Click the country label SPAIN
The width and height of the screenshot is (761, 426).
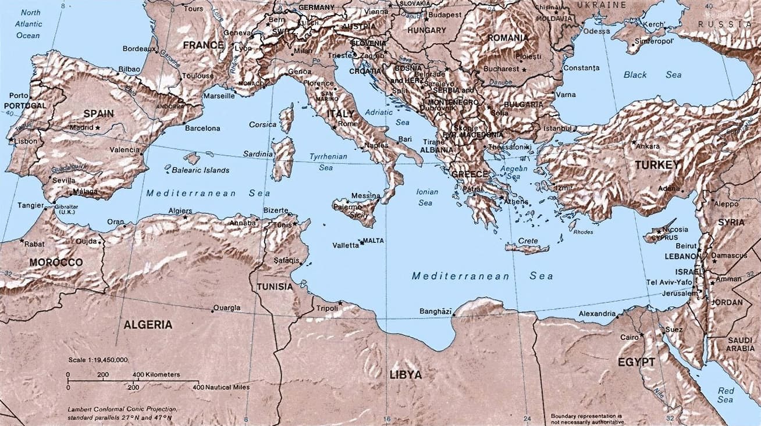click(x=98, y=113)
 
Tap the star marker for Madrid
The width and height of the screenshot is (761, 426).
click(x=98, y=128)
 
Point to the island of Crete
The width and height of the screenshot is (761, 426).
click(x=527, y=249)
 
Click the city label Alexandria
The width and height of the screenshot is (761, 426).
click(x=596, y=314)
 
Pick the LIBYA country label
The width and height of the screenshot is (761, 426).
click(x=405, y=375)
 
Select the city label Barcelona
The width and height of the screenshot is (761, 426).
click(x=202, y=128)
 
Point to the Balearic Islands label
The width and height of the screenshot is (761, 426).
click(x=200, y=170)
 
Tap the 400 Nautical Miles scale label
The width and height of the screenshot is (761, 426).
click(x=221, y=387)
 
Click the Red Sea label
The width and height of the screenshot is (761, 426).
click(x=725, y=395)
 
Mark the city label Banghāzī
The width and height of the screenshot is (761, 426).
click(x=435, y=312)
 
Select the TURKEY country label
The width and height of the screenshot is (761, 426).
click(x=657, y=165)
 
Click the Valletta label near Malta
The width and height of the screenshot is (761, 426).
click(x=346, y=245)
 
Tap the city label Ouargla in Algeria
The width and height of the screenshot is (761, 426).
click(x=227, y=308)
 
